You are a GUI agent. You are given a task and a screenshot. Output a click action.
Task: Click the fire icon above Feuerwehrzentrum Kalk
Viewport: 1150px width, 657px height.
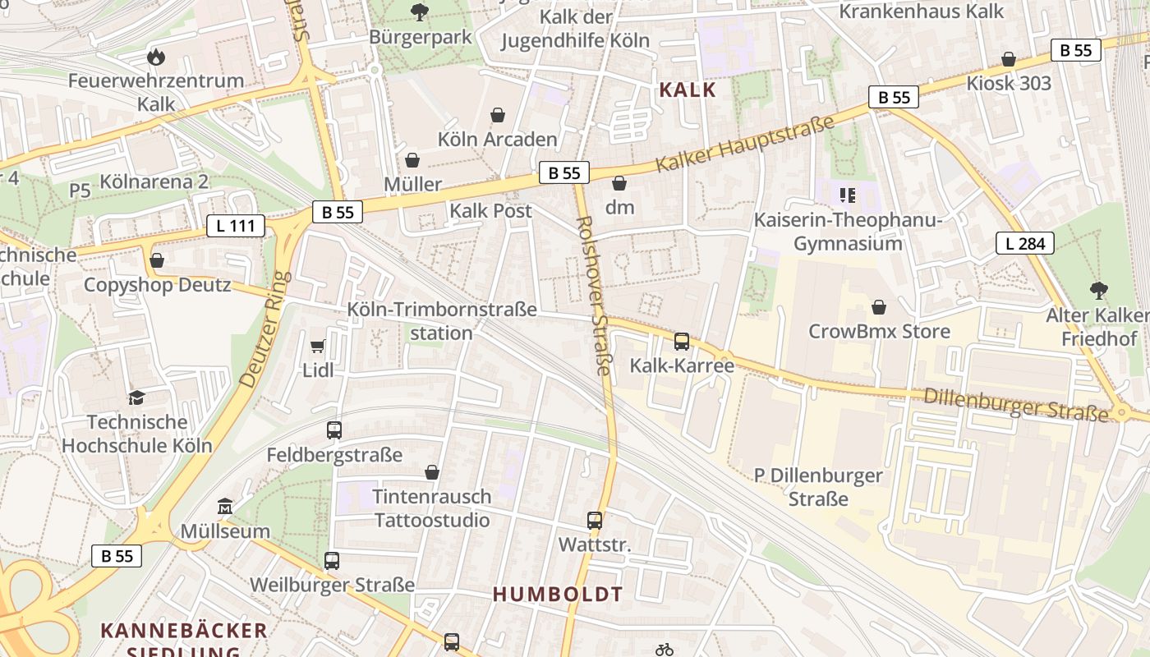pyautogui.click(x=155, y=57)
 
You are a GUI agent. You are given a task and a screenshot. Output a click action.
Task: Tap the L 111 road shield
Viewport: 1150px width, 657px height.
pyautogui.click(x=236, y=226)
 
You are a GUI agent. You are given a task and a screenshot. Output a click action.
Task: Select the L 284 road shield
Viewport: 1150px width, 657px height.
pyautogui.click(x=1024, y=243)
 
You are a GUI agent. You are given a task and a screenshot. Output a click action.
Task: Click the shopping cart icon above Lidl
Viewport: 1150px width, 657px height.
pyautogui.click(x=318, y=347)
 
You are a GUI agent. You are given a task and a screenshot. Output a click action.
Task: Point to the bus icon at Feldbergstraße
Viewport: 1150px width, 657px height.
pyautogui.click(x=334, y=430)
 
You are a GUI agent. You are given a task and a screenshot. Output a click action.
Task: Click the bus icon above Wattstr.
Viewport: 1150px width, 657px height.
pyautogui.click(x=595, y=520)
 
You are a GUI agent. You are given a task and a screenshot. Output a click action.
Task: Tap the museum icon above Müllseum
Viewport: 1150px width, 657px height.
pyautogui.click(x=224, y=506)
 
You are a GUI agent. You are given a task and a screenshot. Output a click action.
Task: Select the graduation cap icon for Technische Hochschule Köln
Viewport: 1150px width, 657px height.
pyautogui.click(x=136, y=397)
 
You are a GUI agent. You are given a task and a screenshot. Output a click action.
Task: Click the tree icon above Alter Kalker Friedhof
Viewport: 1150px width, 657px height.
pyautogui.click(x=1098, y=290)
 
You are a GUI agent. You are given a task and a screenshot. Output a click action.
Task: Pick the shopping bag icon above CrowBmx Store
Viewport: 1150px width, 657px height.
pyautogui.click(x=879, y=307)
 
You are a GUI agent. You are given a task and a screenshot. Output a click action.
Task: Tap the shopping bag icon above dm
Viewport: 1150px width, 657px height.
pyautogui.click(x=619, y=182)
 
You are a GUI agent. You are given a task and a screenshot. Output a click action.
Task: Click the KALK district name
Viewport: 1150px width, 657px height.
pyautogui.click(x=688, y=90)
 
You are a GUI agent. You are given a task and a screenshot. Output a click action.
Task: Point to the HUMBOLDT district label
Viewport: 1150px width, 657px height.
pyautogui.click(x=558, y=594)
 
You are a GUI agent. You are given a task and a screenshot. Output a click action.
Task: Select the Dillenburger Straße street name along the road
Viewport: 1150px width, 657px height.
pyautogui.click(x=1015, y=402)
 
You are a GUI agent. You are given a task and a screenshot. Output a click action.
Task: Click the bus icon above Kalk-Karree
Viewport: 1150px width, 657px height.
pyautogui.click(x=681, y=342)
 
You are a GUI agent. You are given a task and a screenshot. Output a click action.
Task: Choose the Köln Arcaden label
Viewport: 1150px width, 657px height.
pyautogui.click(x=497, y=140)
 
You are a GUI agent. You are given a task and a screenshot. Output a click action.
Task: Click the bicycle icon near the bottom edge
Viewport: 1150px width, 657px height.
pyautogui.click(x=665, y=650)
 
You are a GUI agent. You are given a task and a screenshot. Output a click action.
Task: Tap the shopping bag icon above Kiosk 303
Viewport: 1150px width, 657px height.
pyautogui.click(x=1008, y=59)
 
